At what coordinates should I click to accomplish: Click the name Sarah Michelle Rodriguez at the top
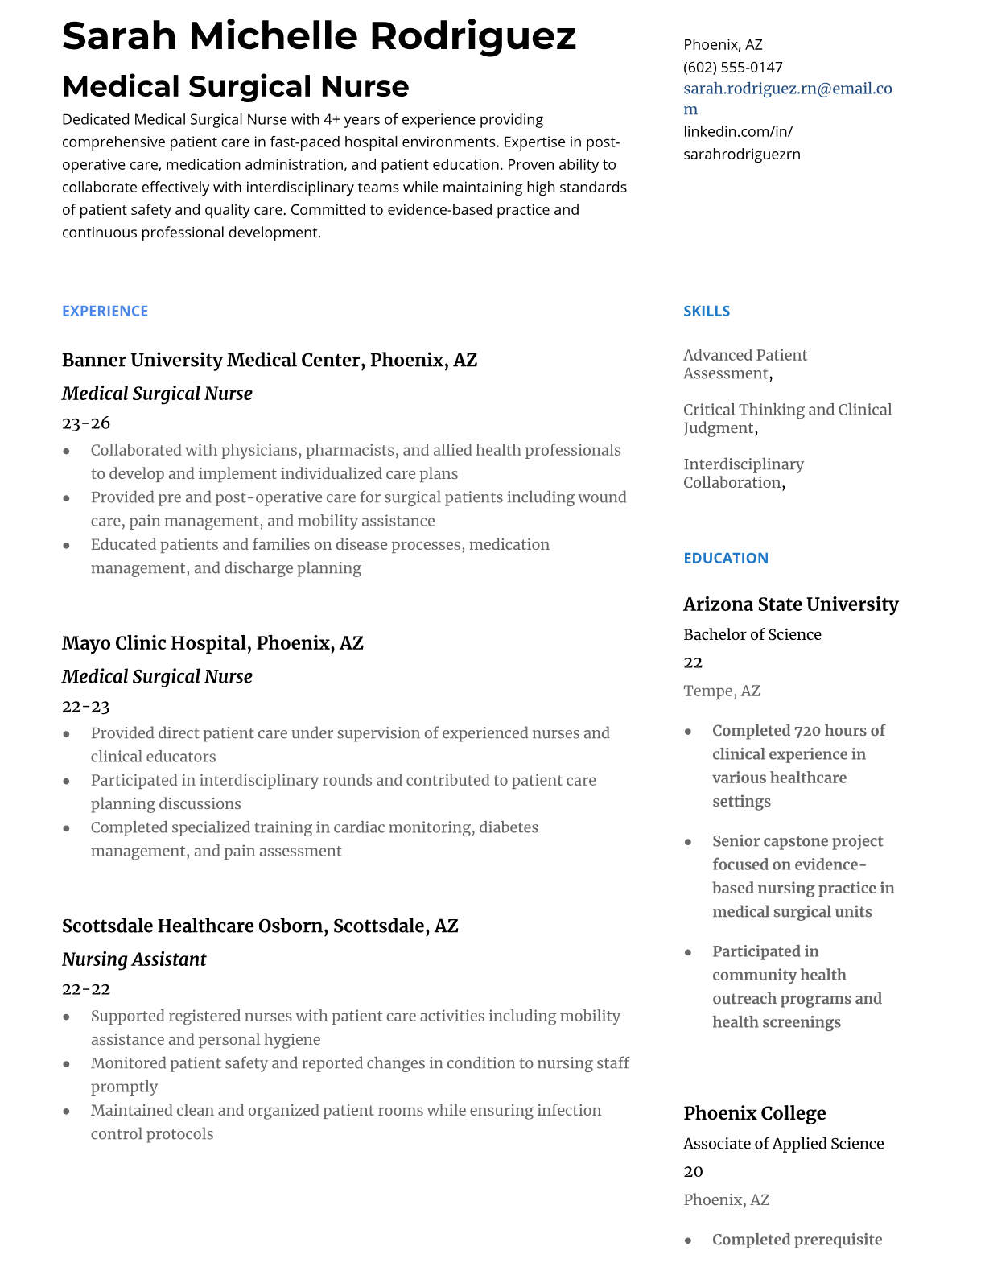click(x=319, y=36)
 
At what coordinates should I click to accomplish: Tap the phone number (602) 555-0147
click(x=732, y=67)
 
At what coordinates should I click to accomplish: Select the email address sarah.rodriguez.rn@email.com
click(x=787, y=89)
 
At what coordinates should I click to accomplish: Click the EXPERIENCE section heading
click(x=105, y=311)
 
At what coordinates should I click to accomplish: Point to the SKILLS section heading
click(x=706, y=311)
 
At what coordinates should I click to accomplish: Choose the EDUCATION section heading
click(x=725, y=558)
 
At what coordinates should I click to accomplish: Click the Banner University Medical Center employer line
click(x=269, y=360)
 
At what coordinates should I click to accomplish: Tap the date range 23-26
click(x=85, y=423)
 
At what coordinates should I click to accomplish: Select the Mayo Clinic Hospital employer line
click(x=212, y=643)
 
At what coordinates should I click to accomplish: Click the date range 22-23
click(x=85, y=706)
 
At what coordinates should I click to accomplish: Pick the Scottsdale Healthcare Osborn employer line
click(x=259, y=926)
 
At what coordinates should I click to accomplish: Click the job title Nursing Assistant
click(x=134, y=959)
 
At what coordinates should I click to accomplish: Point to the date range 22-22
click(x=85, y=988)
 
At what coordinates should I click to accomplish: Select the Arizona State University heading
click(x=790, y=604)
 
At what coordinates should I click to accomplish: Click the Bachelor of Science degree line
click(x=752, y=634)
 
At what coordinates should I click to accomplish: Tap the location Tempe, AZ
click(x=721, y=691)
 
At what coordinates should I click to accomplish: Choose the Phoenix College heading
click(x=754, y=1113)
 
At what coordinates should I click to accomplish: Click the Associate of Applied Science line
click(x=783, y=1143)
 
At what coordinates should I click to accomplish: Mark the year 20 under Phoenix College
click(x=692, y=1171)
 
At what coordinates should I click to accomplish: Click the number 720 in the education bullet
click(x=806, y=731)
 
